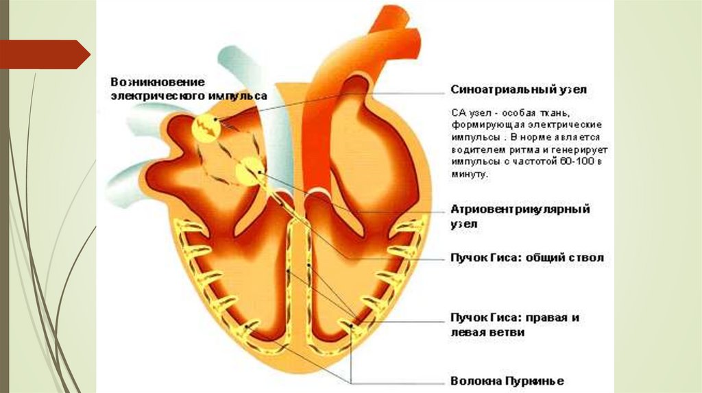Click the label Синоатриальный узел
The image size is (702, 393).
(519, 90)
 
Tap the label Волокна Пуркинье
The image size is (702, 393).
(507, 381)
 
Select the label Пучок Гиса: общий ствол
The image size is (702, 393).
(527, 258)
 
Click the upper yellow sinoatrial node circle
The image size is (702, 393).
(205, 126)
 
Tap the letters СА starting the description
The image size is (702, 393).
(457, 111)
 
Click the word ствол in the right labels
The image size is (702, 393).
(588, 258)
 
